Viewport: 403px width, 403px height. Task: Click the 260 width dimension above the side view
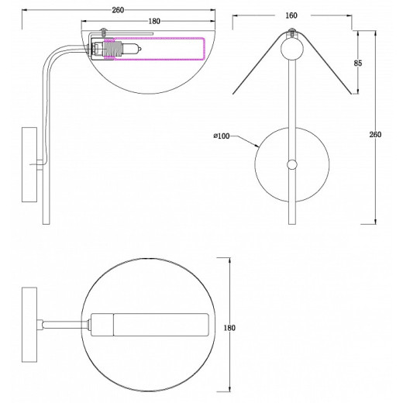[x=118, y=10]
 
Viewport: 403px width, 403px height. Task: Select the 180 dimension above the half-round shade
[x=154, y=22]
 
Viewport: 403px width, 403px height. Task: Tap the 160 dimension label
[x=291, y=15]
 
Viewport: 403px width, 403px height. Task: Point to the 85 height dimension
[x=358, y=63]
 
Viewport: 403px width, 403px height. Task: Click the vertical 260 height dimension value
[x=375, y=135]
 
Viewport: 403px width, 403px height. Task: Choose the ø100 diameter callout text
[x=222, y=136]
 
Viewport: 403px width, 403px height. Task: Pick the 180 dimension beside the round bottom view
[x=229, y=328]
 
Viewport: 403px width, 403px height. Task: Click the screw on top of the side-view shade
[x=104, y=33]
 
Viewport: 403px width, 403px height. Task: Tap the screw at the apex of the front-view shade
[x=292, y=33]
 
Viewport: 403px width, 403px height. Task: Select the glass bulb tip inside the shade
[x=132, y=49]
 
